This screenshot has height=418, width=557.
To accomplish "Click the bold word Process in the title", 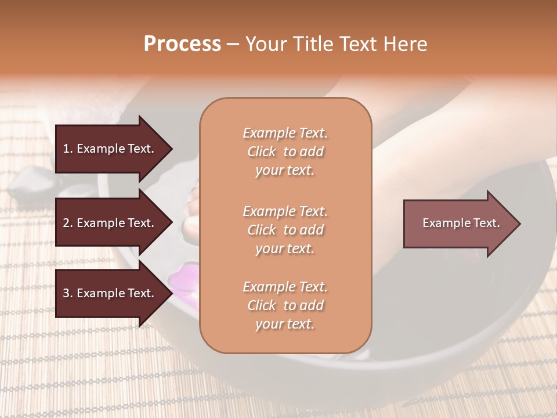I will pos(182,44).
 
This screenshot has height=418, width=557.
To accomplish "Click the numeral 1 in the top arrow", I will pos(67,149).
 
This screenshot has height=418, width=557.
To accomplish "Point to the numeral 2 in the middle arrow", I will pos(67,223).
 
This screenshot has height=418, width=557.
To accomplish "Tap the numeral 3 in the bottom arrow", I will pos(67,293).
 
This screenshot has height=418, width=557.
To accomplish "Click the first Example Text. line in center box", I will pos(285,133).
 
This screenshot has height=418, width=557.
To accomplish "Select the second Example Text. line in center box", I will pos(285,211).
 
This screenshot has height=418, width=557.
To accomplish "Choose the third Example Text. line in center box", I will pos(285,287).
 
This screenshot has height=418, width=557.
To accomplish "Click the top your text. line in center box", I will pos(285,171).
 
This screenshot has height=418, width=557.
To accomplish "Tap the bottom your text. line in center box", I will pos(285,325).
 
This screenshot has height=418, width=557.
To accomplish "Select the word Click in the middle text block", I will pos(262,230).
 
